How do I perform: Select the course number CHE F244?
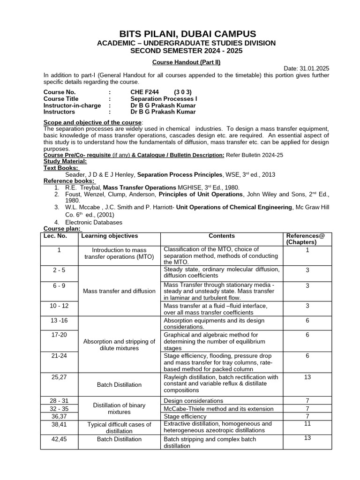pos(145,92)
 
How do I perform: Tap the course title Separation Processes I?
pos(164,99)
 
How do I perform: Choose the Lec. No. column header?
pos(55,236)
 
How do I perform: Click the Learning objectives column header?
pos(110,236)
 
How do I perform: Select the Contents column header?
pos(222,236)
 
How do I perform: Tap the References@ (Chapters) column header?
pos(307,239)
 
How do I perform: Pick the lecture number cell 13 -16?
pos(60,321)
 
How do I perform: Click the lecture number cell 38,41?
pos(60,424)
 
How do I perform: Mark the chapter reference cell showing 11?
pos(307,423)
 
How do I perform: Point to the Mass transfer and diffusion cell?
pos(119,291)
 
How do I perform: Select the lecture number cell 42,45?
pos(60,439)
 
